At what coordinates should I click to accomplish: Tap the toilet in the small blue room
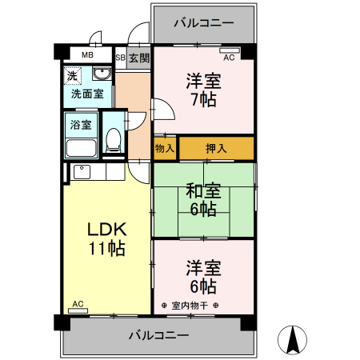pos(114,141)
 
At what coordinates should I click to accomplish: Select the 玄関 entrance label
pos(138,58)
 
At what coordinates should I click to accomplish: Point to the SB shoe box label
pos(120,58)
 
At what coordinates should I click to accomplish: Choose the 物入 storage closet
pos(165,148)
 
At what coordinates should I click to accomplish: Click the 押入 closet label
pos(215,148)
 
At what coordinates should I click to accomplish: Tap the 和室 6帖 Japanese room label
pos(203,199)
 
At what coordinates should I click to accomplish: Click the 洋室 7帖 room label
pos(203,91)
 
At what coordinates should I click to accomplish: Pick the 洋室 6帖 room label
pos(203,276)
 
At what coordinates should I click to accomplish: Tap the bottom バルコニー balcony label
pos(159,334)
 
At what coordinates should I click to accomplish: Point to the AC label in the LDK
pos(78,304)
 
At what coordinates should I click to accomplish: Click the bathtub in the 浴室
pos(81,146)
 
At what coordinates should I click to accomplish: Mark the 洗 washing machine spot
pos(73,77)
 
